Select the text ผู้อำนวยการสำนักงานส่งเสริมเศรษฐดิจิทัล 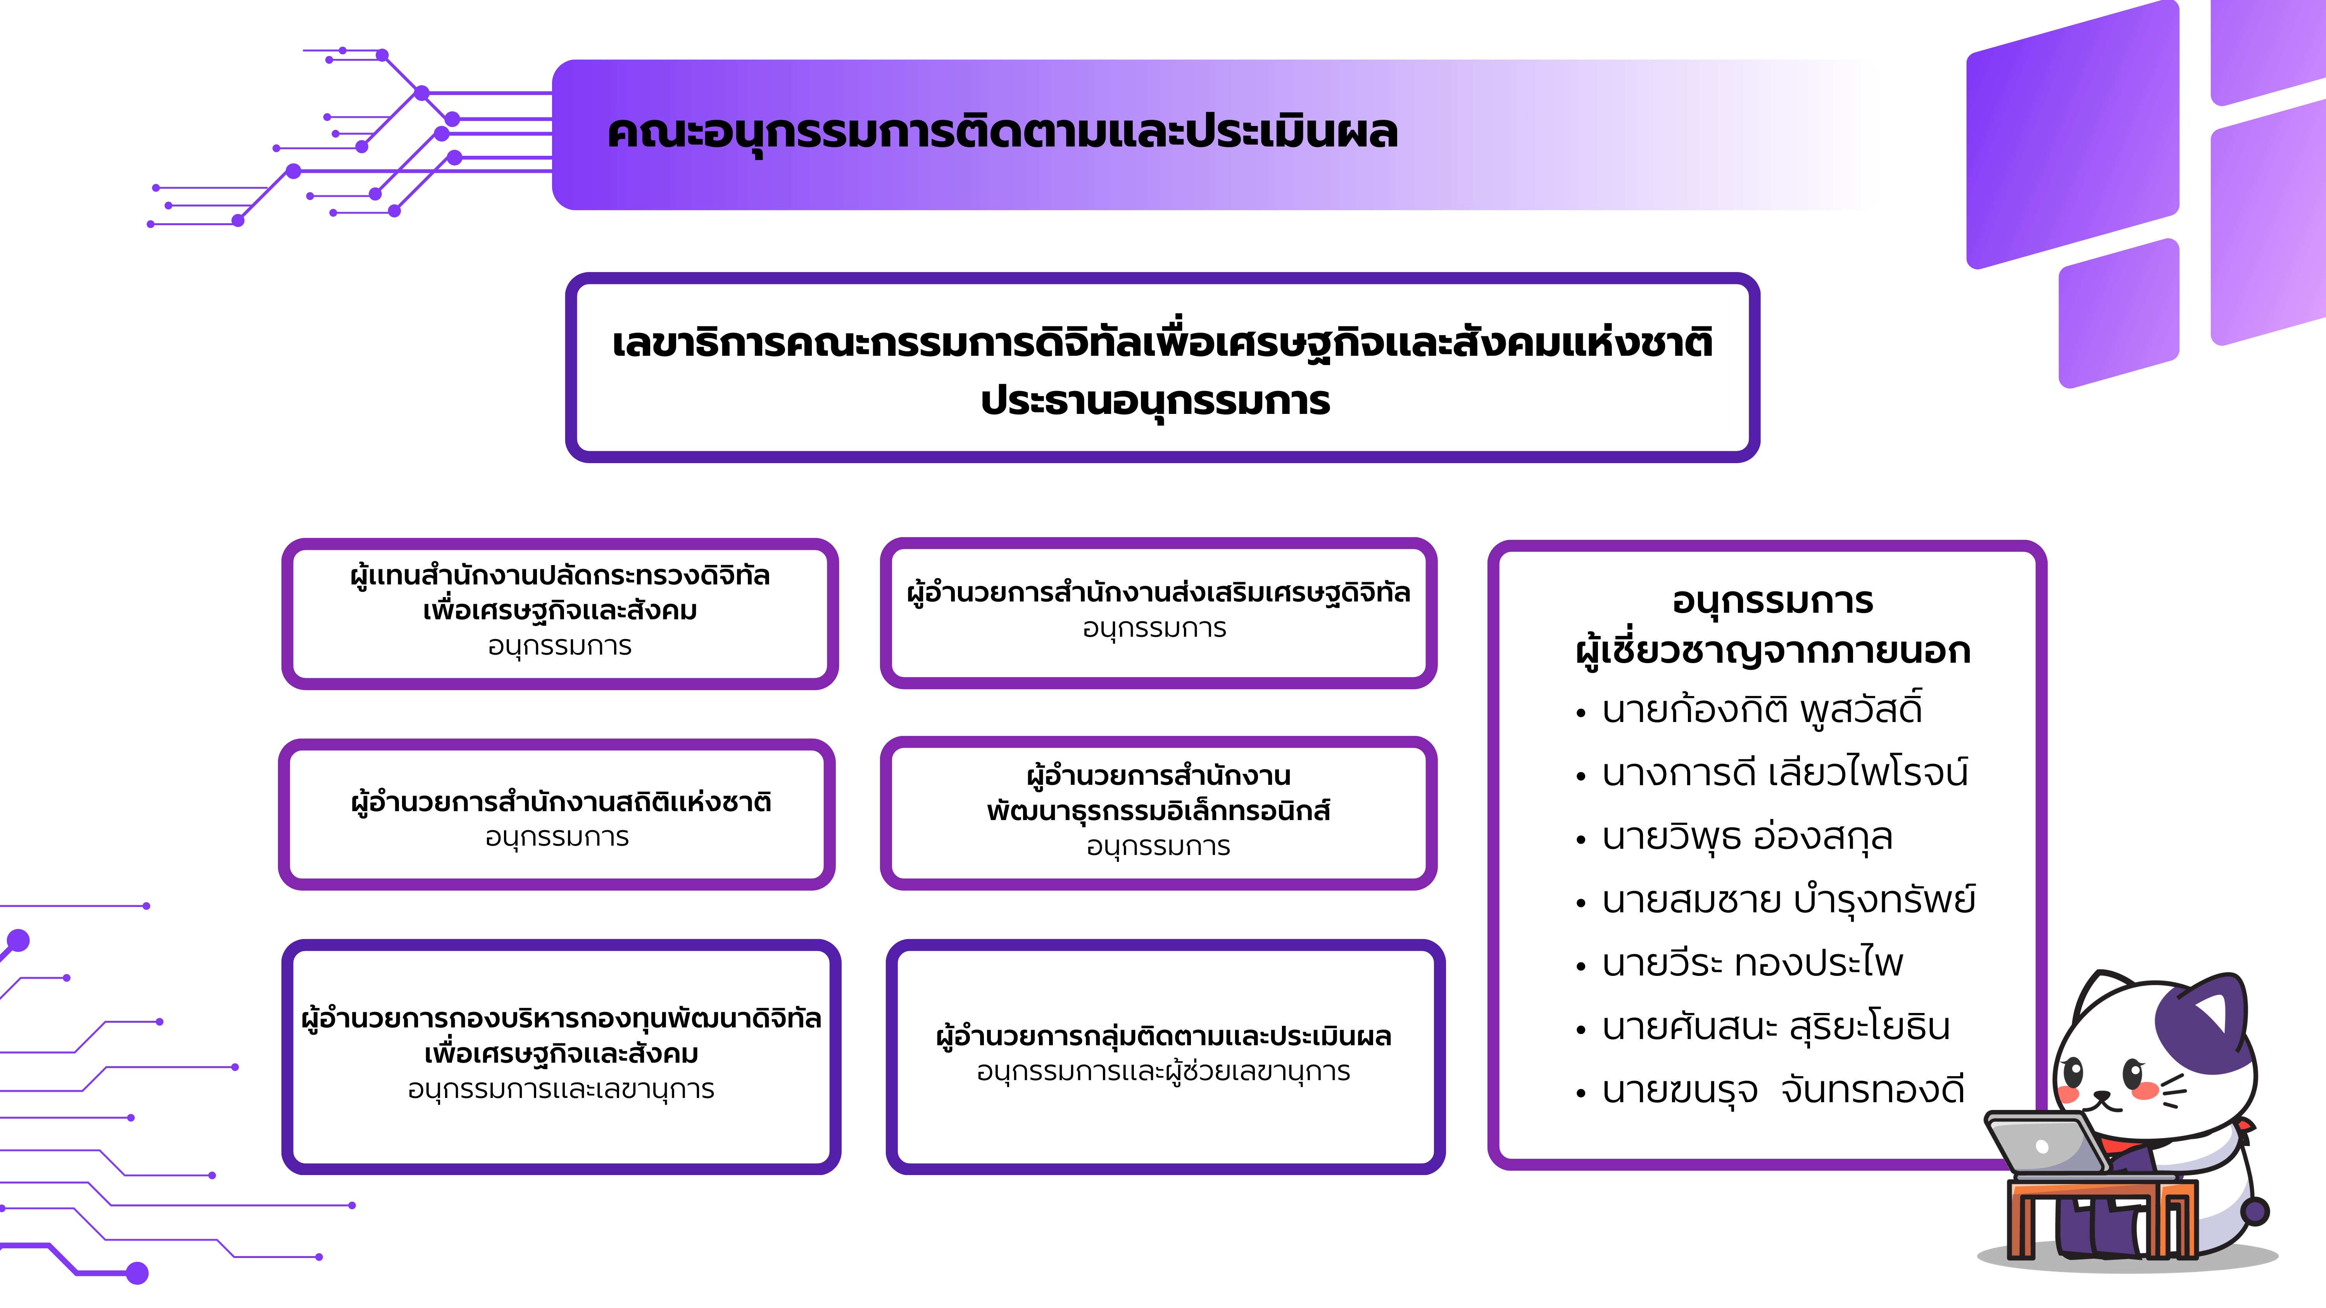[x=1158, y=592]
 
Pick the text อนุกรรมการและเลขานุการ [x=561, y=1089]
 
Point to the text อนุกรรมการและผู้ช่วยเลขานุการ [x=1164, y=1072]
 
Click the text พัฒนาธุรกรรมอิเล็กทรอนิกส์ [x=1158, y=811]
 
